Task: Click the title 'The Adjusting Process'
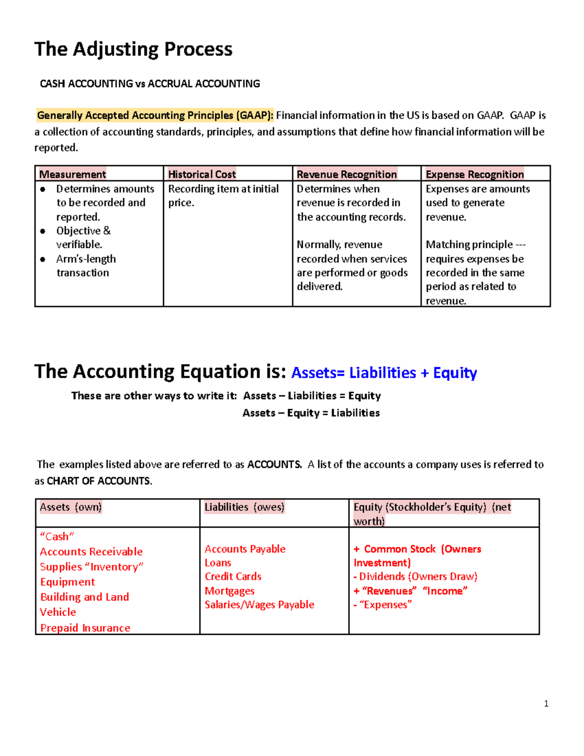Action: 133,50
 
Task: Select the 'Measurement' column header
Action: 73,174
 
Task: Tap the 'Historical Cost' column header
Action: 202,174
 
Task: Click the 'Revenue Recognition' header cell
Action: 347,174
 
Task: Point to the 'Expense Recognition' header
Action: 474,174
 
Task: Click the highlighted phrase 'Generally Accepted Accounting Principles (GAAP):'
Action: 155,115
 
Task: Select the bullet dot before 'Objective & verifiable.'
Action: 43,231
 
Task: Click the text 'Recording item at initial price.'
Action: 223,195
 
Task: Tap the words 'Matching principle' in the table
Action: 469,244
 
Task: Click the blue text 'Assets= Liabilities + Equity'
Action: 383,373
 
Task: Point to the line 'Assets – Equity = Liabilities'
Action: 311,413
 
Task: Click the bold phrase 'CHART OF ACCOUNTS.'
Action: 99,481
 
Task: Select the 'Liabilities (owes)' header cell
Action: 244,507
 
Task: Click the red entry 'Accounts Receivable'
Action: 91,552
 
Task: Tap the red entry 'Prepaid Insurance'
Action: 85,628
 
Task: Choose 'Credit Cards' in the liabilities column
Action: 233,576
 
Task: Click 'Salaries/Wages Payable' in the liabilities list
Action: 259,605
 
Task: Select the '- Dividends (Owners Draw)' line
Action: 415,576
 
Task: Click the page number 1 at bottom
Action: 546,703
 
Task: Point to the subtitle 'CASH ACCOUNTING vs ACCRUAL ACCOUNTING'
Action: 150,84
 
